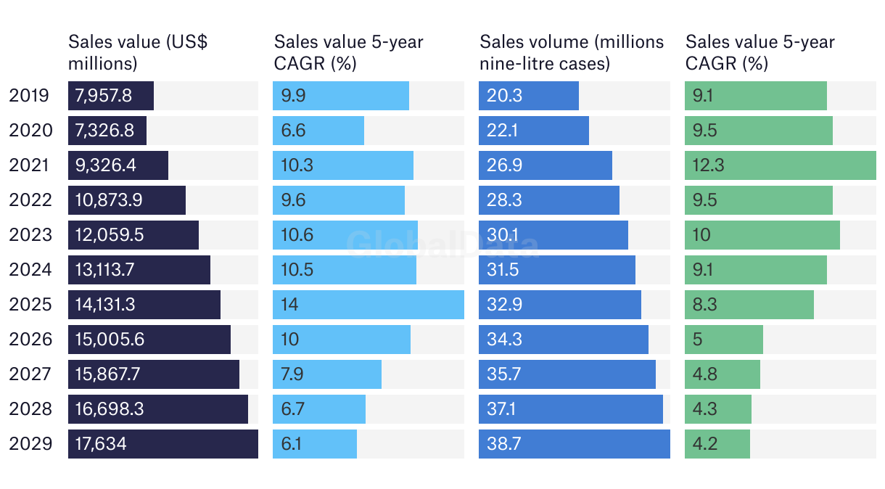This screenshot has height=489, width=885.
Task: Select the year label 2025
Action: (30, 305)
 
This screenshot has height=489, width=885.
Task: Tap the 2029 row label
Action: (30, 444)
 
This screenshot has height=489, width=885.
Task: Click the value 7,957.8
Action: (104, 96)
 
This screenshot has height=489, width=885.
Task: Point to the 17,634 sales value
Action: (101, 444)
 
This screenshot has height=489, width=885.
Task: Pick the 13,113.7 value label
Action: (105, 270)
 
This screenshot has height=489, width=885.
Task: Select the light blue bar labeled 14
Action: (368, 305)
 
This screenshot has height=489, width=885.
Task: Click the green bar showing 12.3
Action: (780, 165)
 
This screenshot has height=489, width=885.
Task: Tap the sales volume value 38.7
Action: (505, 444)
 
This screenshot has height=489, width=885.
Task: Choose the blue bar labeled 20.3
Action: (528, 96)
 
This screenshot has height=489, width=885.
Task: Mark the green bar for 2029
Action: (717, 444)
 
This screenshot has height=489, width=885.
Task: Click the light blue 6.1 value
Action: (291, 444)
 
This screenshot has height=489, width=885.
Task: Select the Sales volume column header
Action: (572, 52)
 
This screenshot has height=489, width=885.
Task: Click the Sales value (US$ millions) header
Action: (138, 52)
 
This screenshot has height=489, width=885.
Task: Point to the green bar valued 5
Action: (723, 340)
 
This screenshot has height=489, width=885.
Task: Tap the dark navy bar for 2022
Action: (126, 200)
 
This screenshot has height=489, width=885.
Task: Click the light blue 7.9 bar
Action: (326, 374)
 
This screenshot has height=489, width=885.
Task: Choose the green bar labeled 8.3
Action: (749, 305)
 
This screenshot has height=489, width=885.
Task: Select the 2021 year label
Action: (30, 165)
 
